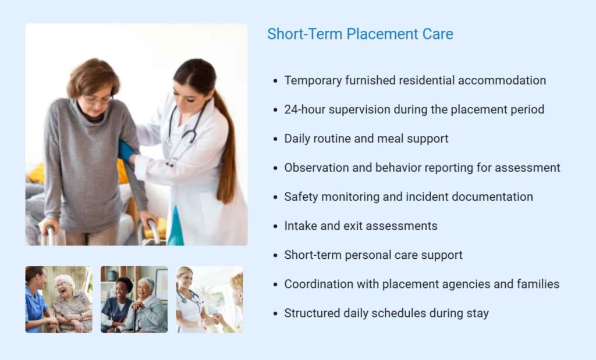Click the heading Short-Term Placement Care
[x=360, y=34]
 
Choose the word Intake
[x=299, y=226]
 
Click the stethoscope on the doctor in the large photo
[x=180, y=134]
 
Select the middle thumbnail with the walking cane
[x=134, y=300]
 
